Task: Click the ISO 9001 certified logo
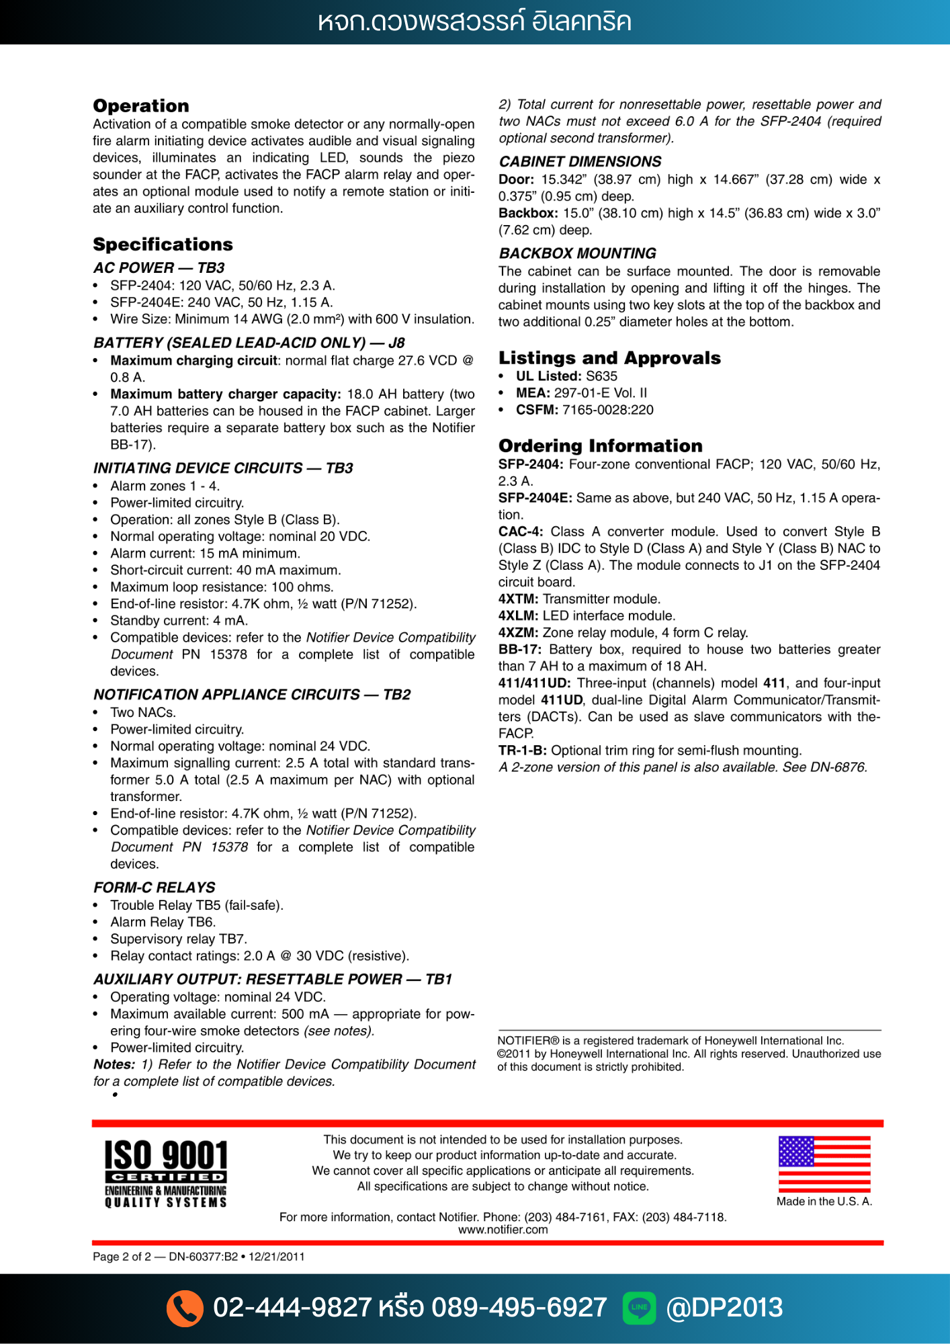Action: [166, 1173]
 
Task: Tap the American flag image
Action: [824, 1164]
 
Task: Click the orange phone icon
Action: [185, 1308]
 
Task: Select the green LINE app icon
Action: [639, 1308]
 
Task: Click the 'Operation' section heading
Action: [141, 106]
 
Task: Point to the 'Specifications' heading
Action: [163, 245]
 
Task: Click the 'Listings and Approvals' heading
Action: [609, 358]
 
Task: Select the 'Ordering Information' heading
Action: [600, 446]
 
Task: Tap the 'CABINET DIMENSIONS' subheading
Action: [580, 162]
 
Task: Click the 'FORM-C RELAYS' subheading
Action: [155, 888]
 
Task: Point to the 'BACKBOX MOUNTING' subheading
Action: [577, 253]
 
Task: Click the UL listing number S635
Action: [601, 376]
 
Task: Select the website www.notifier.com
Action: [503, 1230]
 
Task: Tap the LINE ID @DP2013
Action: [724, 1308]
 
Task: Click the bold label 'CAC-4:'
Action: [521, 532]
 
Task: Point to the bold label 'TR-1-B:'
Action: [522, 751]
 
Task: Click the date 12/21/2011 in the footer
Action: [276, 1257]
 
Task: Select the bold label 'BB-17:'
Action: [519, 650]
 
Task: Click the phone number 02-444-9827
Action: [292, 1308]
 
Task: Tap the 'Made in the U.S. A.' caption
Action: [824, 1202]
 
